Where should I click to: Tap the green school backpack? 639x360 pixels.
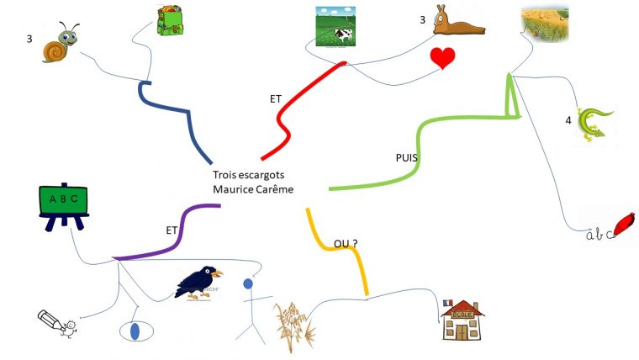(171, 20)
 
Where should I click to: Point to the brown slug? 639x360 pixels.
(457, 22)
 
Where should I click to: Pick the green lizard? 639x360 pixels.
(596, 123)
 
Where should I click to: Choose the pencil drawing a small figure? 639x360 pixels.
(57, 323)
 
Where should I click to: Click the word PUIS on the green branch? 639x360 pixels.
(407, 157)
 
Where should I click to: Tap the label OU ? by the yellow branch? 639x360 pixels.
(346, 244)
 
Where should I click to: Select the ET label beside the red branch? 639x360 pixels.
(276, 98)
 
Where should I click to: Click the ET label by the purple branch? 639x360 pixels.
(172, 228)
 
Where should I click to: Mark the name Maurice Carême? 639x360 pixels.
(253, 190)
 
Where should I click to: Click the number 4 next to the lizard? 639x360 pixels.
(568, 120)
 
